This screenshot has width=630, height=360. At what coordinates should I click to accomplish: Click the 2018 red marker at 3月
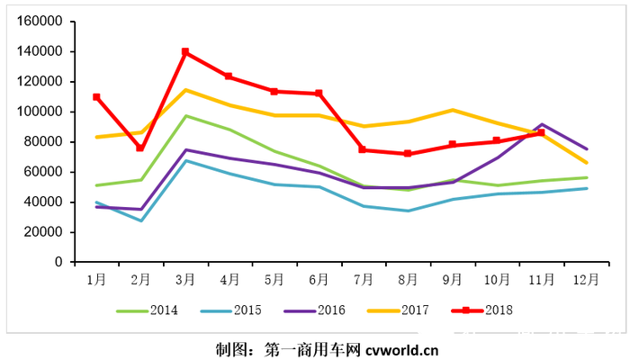click(x=185, y=52)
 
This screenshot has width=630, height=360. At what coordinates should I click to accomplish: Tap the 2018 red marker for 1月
click(x=96, y=96)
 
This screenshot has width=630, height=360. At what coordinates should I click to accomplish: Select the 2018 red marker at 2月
click(x=140, y=148)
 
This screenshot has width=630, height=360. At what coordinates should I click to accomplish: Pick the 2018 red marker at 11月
click(x=541, y=132)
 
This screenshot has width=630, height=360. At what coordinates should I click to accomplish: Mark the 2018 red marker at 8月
click(x=408, y=154)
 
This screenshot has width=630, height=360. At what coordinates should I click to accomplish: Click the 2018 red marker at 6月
click(x=319, y=94)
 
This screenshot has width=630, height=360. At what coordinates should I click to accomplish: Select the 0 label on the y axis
click(x=58, y=262)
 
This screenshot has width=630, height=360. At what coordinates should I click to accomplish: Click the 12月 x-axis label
click(x=585, y=280)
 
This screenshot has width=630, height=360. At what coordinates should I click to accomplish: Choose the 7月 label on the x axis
click(x=363, y=280)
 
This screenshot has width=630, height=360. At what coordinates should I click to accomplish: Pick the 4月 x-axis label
click(x=229, y=280)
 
